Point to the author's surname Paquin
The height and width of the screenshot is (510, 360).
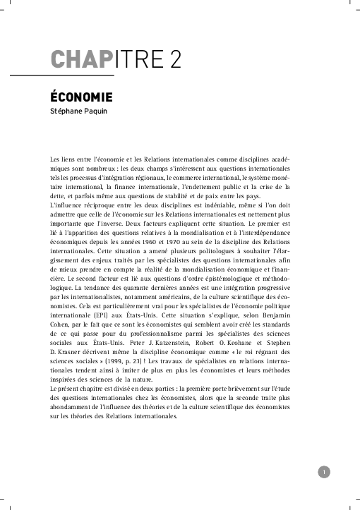coord(100,111)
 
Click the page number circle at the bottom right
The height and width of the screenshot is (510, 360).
coord(323,473)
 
